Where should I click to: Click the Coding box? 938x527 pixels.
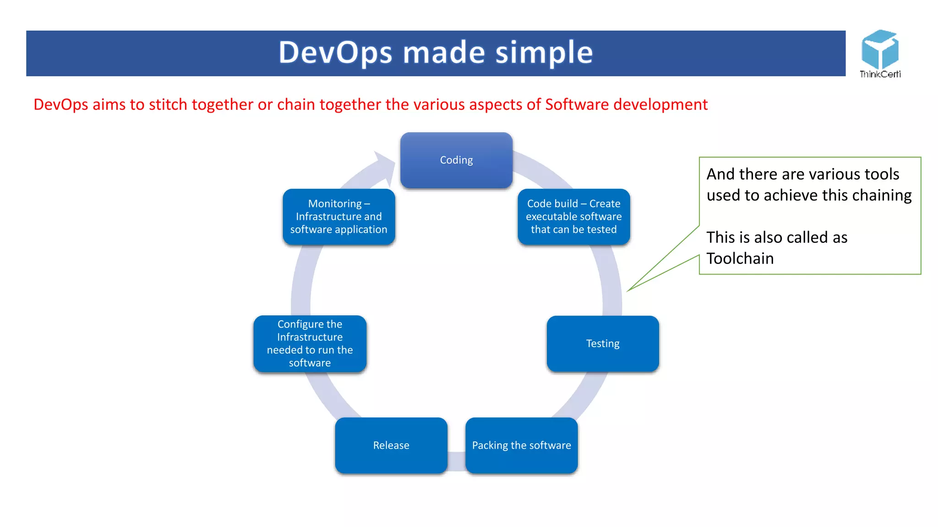[x=456, y=160]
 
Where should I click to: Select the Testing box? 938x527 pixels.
[x=603, y=344]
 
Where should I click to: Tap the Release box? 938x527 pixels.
[x=391, y=445]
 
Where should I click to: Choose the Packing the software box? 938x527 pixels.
[x=521, y=445]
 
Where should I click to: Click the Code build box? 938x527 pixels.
[x=573, y=216]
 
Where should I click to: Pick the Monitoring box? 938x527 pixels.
[x=338, y=216]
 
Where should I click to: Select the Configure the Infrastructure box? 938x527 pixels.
[x=310, y=344]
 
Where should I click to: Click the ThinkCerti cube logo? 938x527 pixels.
[x=879, y=49]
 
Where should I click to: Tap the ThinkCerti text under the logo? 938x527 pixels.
[x=880, y=74]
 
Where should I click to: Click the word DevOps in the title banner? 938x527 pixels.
[x=335, y=52]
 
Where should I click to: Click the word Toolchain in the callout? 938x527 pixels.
[x=740, y=258]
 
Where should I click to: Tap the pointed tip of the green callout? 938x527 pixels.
[x=629, y=290]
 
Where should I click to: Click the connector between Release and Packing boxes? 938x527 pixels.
[x=456, y=461]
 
